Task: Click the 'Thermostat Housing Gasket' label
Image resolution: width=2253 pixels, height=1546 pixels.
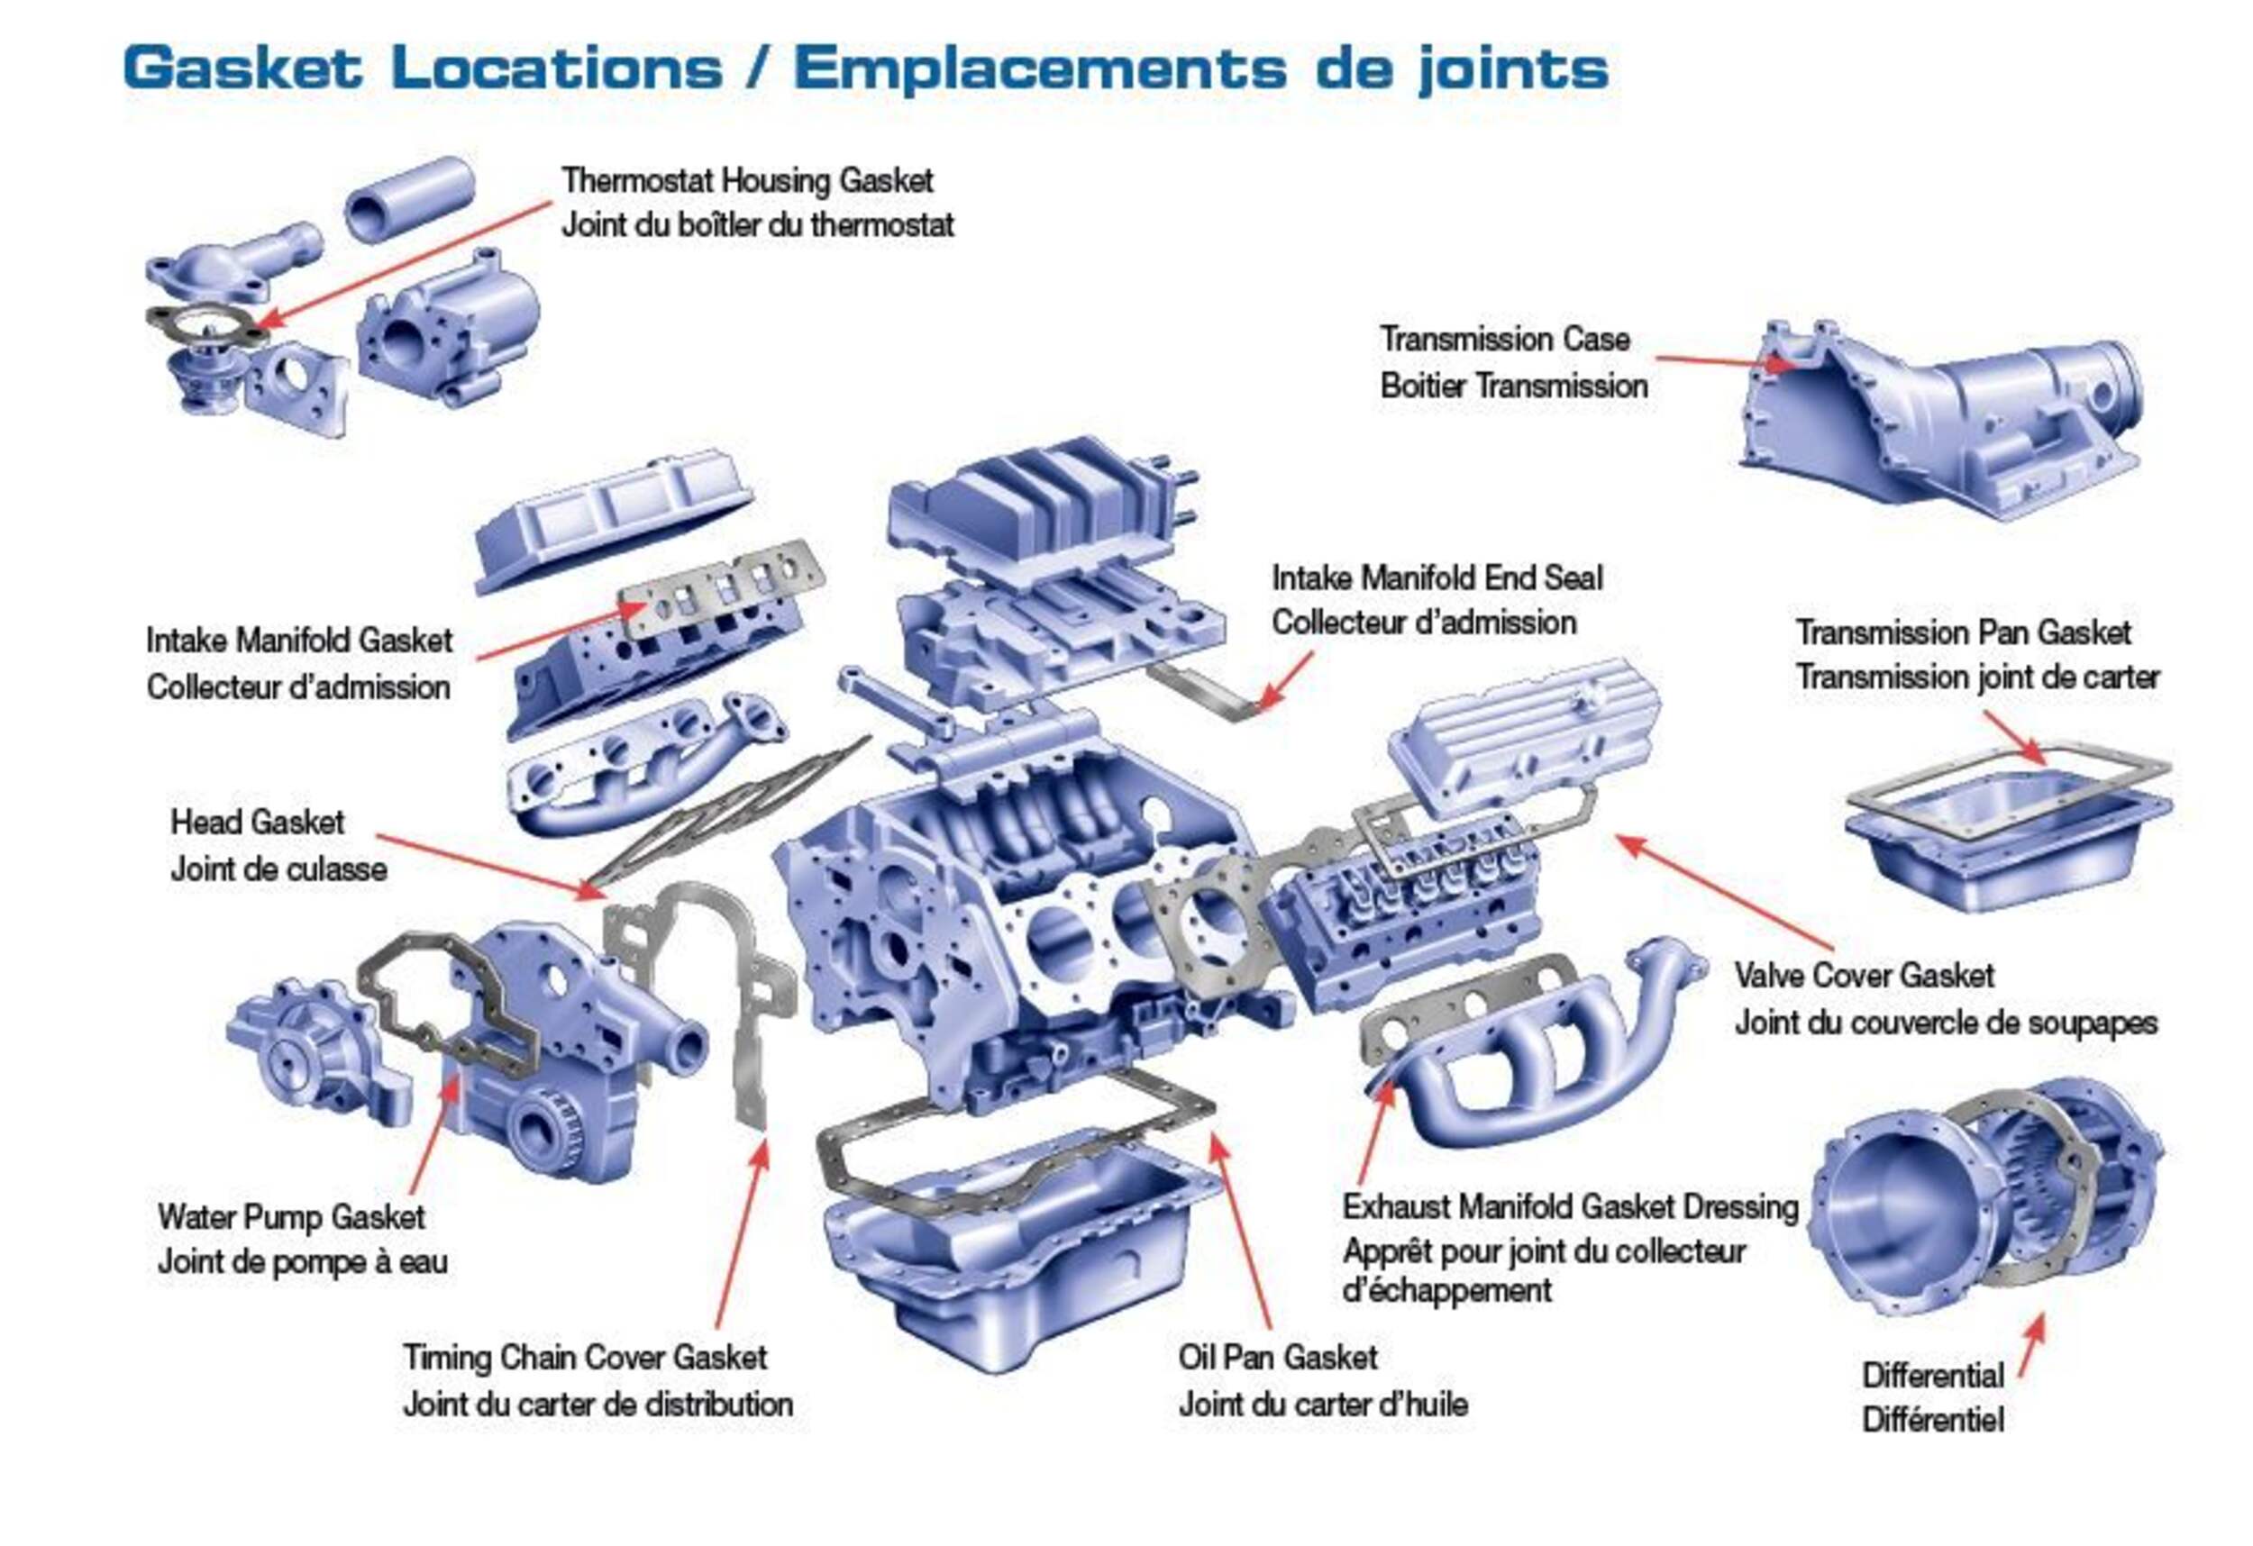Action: pos(746,181)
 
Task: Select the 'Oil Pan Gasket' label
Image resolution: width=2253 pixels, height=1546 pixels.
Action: pos(1277,1356)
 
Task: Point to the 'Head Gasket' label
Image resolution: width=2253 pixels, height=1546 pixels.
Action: pos(257,822)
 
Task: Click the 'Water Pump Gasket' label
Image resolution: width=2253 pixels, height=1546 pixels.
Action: pos(291,1215)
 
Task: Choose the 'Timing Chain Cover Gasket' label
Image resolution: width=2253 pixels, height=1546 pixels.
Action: pos(585,1357)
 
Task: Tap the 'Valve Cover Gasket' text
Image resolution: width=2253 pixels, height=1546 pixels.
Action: pos(1864,975)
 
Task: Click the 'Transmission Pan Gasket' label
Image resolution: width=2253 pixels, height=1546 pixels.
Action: pos(1963,633)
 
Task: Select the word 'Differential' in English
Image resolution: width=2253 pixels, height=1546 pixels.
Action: pos(1932,1375)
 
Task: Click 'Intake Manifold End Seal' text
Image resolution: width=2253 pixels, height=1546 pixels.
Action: pos(1437,578)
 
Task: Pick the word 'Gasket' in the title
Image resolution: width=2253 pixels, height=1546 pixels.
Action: pos(242,68)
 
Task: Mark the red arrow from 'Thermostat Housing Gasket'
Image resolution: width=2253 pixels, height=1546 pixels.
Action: pos(407,261)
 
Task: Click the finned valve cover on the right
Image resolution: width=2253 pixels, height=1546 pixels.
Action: pos(1522,737)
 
